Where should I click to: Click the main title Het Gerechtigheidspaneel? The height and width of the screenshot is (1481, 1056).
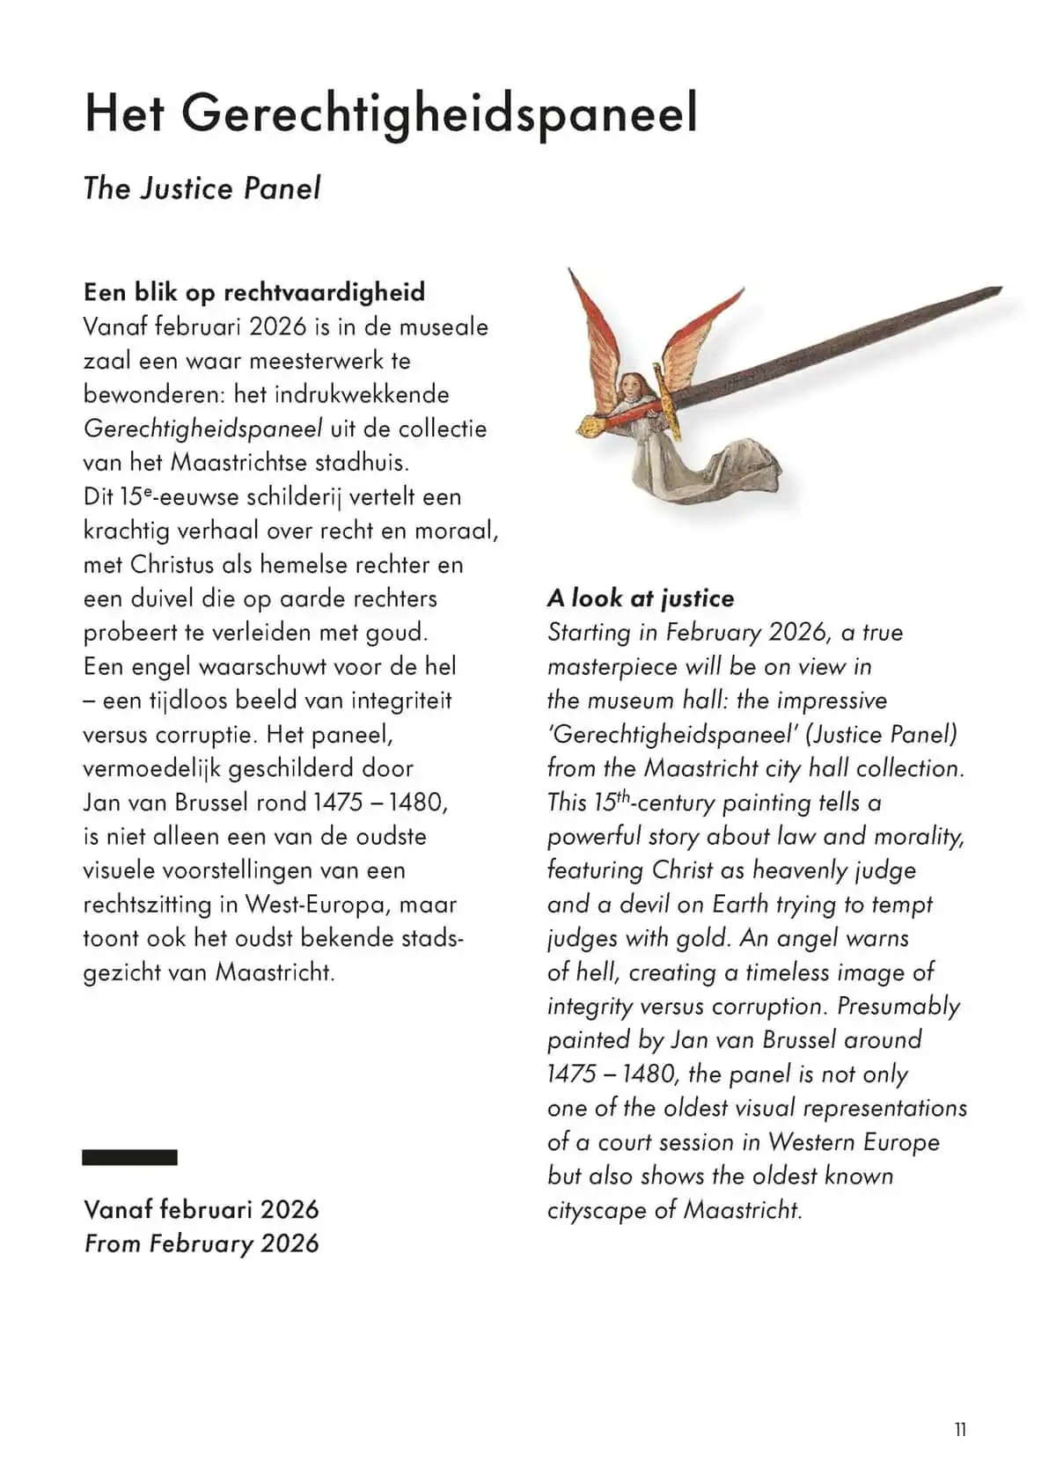click(391, 114)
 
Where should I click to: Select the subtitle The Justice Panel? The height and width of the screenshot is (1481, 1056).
click(202, 188)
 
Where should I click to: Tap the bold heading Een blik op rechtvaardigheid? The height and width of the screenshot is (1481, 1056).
click(254, 292)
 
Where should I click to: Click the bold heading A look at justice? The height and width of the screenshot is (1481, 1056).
click(640, 598)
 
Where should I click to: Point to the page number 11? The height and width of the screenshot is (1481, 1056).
click(960, 1430)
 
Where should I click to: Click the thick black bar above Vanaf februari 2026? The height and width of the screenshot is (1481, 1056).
click(129, 1157)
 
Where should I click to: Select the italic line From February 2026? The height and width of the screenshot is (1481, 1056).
click(202, 1243)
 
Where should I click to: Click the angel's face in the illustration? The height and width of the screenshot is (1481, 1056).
click(630, 385)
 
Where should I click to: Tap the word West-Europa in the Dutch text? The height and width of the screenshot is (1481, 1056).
click(320, 905)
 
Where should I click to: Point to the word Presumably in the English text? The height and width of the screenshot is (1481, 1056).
click(898, 1006)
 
